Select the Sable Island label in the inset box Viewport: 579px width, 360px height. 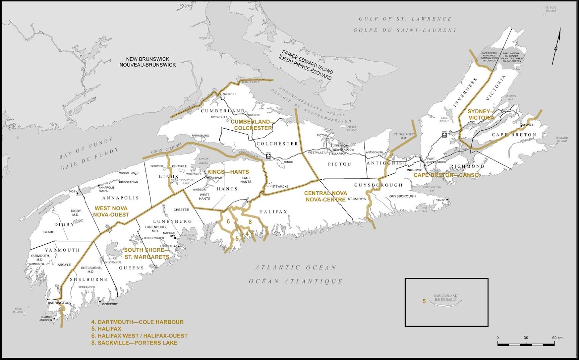coord(445,298)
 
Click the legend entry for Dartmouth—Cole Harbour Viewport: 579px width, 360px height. coord(137,322)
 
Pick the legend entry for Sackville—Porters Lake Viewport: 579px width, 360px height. coord(134,343)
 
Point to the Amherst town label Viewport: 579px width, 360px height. coord(229,94)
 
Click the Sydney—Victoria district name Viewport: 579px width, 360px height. coord(480,114)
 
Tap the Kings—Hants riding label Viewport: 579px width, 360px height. coord(228,172)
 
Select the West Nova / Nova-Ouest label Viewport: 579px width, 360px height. coord(111,211)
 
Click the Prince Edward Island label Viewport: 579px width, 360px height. coord(307,65)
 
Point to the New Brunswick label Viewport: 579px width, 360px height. coord(148,62)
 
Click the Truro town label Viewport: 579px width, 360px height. coord(288,162)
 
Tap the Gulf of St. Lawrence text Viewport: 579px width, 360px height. coord(405,19)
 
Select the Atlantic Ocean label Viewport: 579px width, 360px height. coord(296,268)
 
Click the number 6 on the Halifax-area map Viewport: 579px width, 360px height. coord(228,221)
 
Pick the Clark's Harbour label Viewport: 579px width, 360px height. coord(46,319)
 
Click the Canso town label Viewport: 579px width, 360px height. coord(440,200)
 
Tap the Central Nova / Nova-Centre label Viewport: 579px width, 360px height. coord(325,196)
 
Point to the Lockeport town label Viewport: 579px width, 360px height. coord(109,304)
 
